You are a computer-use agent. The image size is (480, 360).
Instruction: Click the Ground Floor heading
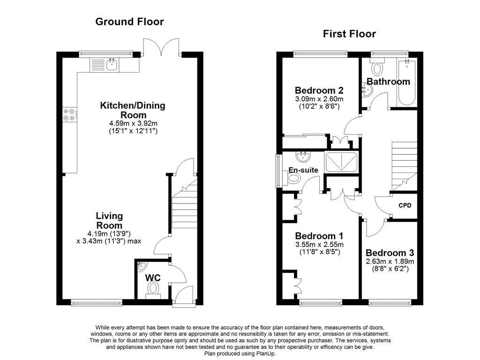point(129,22)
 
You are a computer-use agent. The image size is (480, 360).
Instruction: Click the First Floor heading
point(349,34)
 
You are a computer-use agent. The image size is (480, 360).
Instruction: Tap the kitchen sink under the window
point(112,65)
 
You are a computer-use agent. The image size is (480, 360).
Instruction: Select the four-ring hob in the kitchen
point(69,115)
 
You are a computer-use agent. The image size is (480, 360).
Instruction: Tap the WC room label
point(152,278)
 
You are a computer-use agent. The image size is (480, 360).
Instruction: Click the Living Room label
point(109,221)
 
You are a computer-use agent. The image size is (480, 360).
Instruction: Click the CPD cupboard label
point(405,205)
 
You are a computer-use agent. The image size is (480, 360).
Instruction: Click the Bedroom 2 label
point(319,90)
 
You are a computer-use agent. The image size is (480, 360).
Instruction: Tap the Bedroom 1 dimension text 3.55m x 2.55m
point(319,245)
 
